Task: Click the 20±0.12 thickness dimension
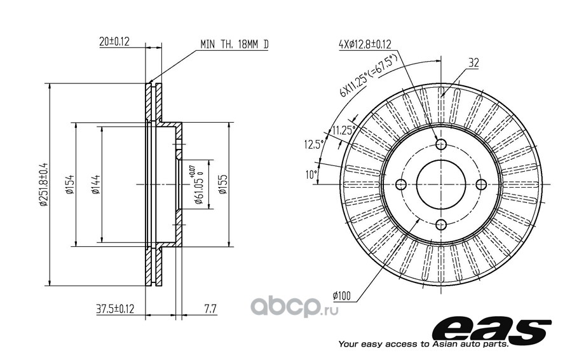[114, 41]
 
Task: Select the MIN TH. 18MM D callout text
[234, 45]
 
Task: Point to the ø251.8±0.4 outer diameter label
[43, 184]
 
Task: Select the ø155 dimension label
[222, 184]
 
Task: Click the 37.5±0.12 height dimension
[115, 308]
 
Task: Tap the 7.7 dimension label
[210, 309]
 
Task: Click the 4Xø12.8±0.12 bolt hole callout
[365, 44]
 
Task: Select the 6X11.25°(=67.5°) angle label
[368, 76]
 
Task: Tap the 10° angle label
[311, 175]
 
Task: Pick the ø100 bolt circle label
[341, 295]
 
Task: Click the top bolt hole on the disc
[442, 144]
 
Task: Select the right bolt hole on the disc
[482, 184]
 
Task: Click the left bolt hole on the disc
[401, 184]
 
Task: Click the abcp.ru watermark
[294, 307]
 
